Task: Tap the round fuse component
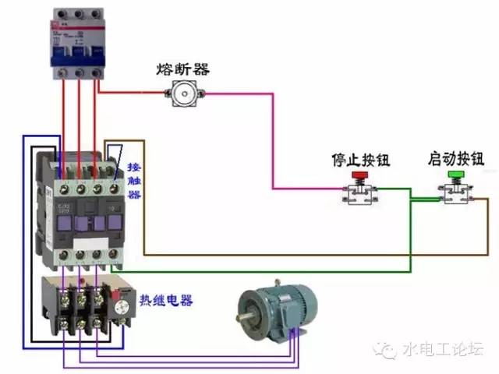coord(184,95)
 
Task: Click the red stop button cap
coord(359,176)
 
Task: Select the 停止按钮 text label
coord(360,161)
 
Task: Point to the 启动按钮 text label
coord(455,160)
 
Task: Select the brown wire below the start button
coord(312,256)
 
